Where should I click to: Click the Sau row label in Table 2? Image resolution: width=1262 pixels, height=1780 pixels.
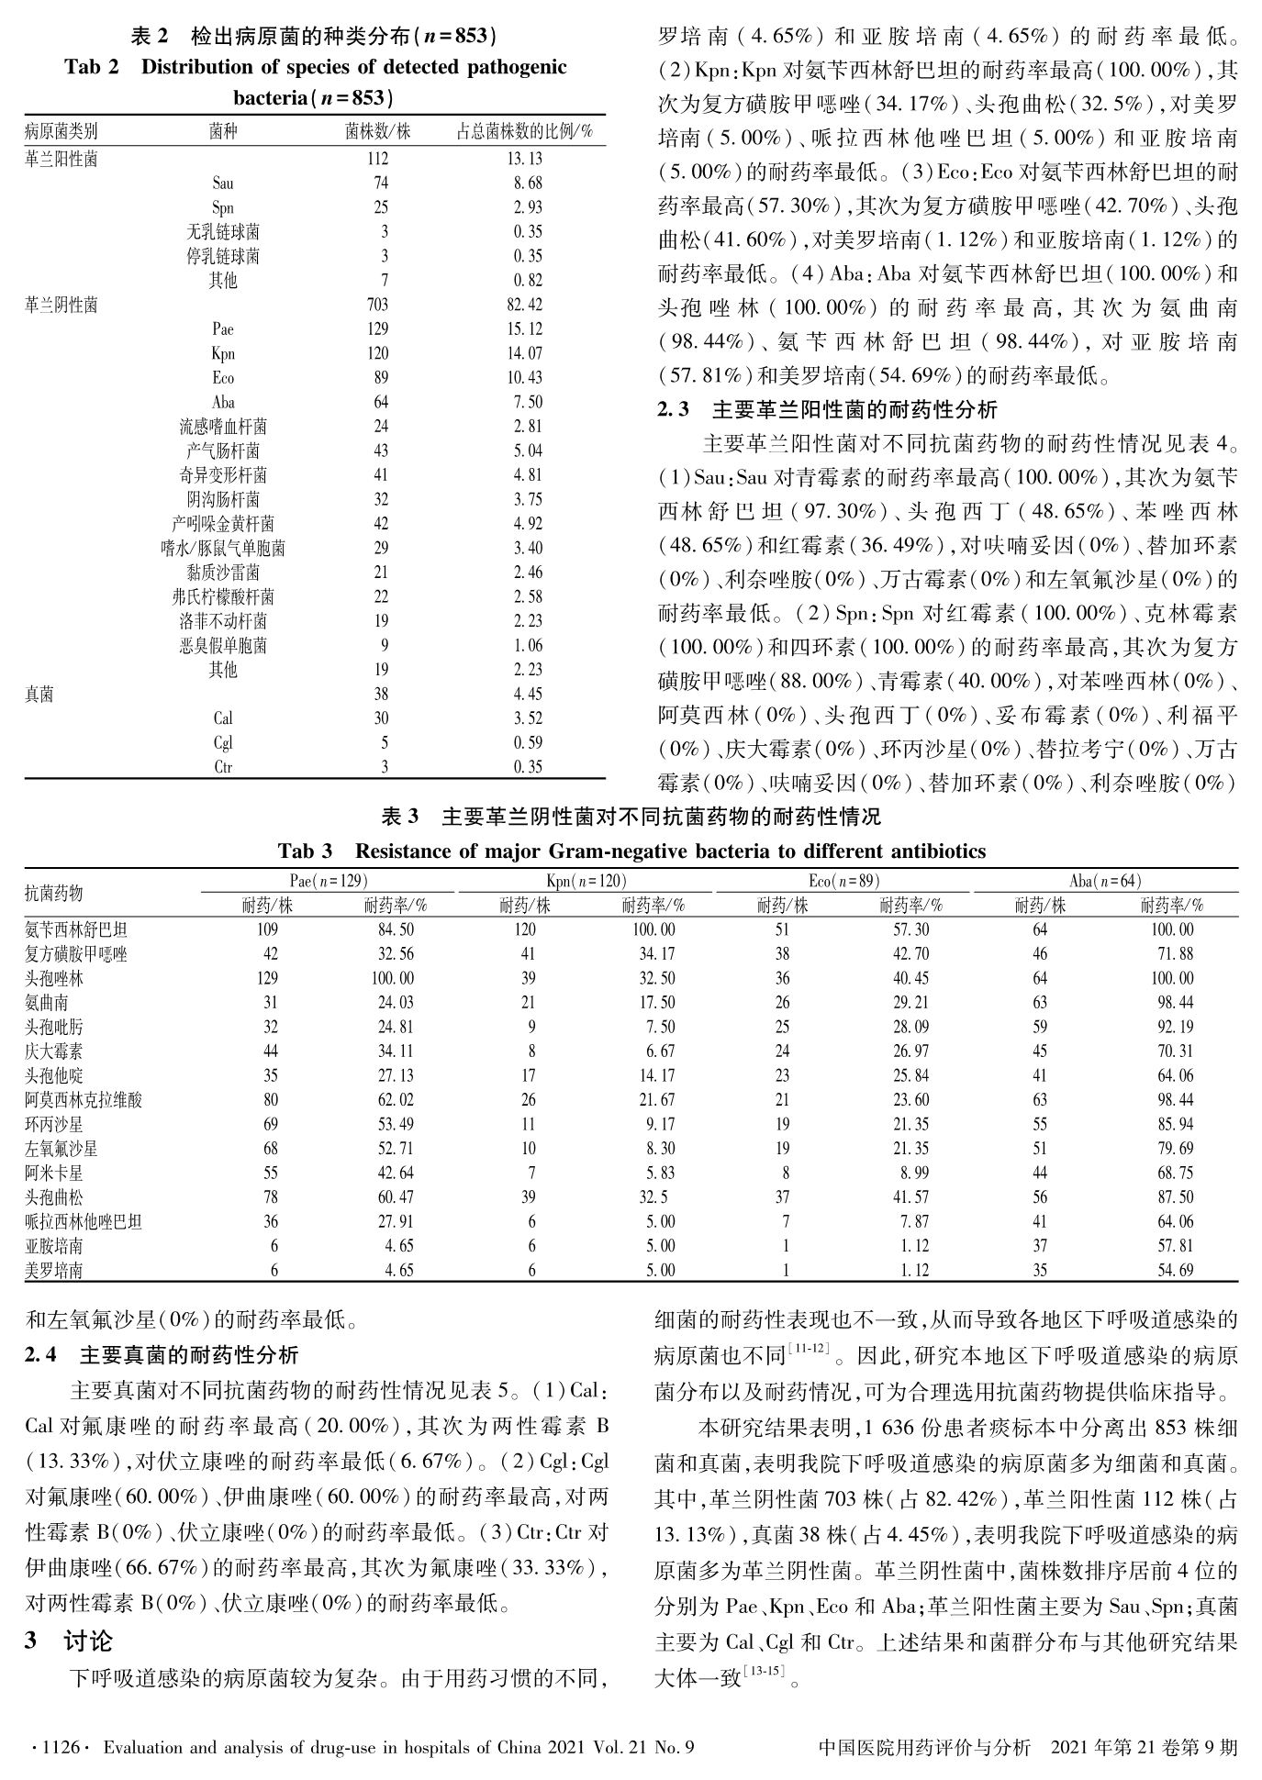(x=222, y=184)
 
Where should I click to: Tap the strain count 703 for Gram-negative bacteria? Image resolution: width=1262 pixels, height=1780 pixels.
(x=377, y=305)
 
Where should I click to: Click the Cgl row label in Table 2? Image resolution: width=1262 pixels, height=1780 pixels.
(x=222, y=743)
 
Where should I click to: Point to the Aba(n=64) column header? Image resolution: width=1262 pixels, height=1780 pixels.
(x=1105, y=881)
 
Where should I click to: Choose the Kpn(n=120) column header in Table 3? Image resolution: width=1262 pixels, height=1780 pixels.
(x=586, y=881)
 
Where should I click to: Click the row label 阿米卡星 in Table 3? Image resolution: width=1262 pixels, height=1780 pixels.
(x=54, y=1173)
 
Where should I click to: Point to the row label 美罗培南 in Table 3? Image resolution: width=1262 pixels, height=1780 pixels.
(x=54, y=1271)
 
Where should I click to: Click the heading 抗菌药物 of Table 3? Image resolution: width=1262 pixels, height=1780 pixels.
(x=54, y=893)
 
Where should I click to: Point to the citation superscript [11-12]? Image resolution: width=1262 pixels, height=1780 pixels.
(x=809, y=1347)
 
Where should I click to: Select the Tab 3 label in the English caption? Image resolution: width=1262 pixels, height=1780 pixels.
(x=305, y=851)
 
